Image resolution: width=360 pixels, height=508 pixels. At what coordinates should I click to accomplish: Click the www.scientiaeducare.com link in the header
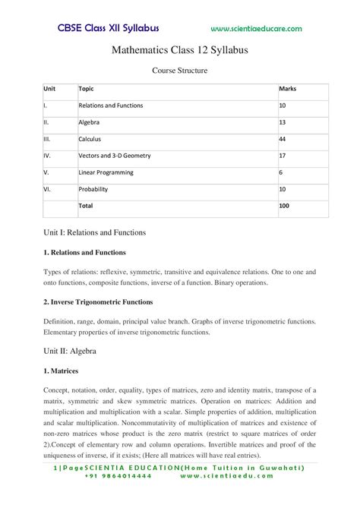pyautogui.click(x=256, y=29)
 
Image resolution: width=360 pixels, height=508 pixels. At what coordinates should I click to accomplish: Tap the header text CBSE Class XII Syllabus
pyautogui.click(x=108, y=28)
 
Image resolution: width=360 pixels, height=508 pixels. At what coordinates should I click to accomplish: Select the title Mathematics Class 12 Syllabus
pyautogui.click(x=180, y=50)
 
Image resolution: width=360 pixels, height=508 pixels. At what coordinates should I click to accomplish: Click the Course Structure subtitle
pyautogui.click(x=180, y=71)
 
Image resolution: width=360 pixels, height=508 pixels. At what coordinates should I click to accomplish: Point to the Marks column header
pyautogui.click(x=288, y=89)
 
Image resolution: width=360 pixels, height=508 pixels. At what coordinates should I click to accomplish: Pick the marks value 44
pyautogui.click(x=284, y=139)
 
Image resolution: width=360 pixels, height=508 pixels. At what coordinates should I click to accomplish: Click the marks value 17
pyautogui.click(x=283, y=156)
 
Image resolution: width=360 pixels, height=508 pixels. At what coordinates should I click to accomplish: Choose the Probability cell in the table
pyautogui.click(x=94, y=189)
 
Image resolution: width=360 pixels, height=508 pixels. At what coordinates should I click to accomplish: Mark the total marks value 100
pyautogui.click(x=285, y=206)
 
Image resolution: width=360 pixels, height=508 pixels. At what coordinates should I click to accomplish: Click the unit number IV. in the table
pyautogui.click(x=47, y=156)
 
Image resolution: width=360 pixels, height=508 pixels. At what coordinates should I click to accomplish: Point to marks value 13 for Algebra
pyautogui.click(x=283, y=122)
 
